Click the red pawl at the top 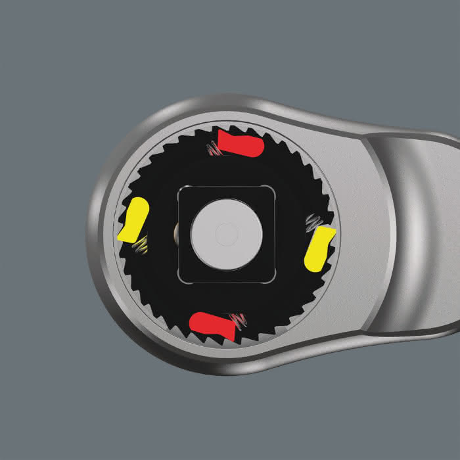pyautogui.click(x=241, y=144)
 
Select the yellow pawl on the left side pyautogui.click(x=134, y=220)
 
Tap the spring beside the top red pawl pyautogui.click(x=212, y=149)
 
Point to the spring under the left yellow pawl pyautogui.click(x=140, y=246)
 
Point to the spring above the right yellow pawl pyautogui.click(x=313, y=222)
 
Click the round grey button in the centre pyautogui.click(x=227, y=233)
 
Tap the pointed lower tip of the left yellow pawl pyautogui.click(x=121, y=238)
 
